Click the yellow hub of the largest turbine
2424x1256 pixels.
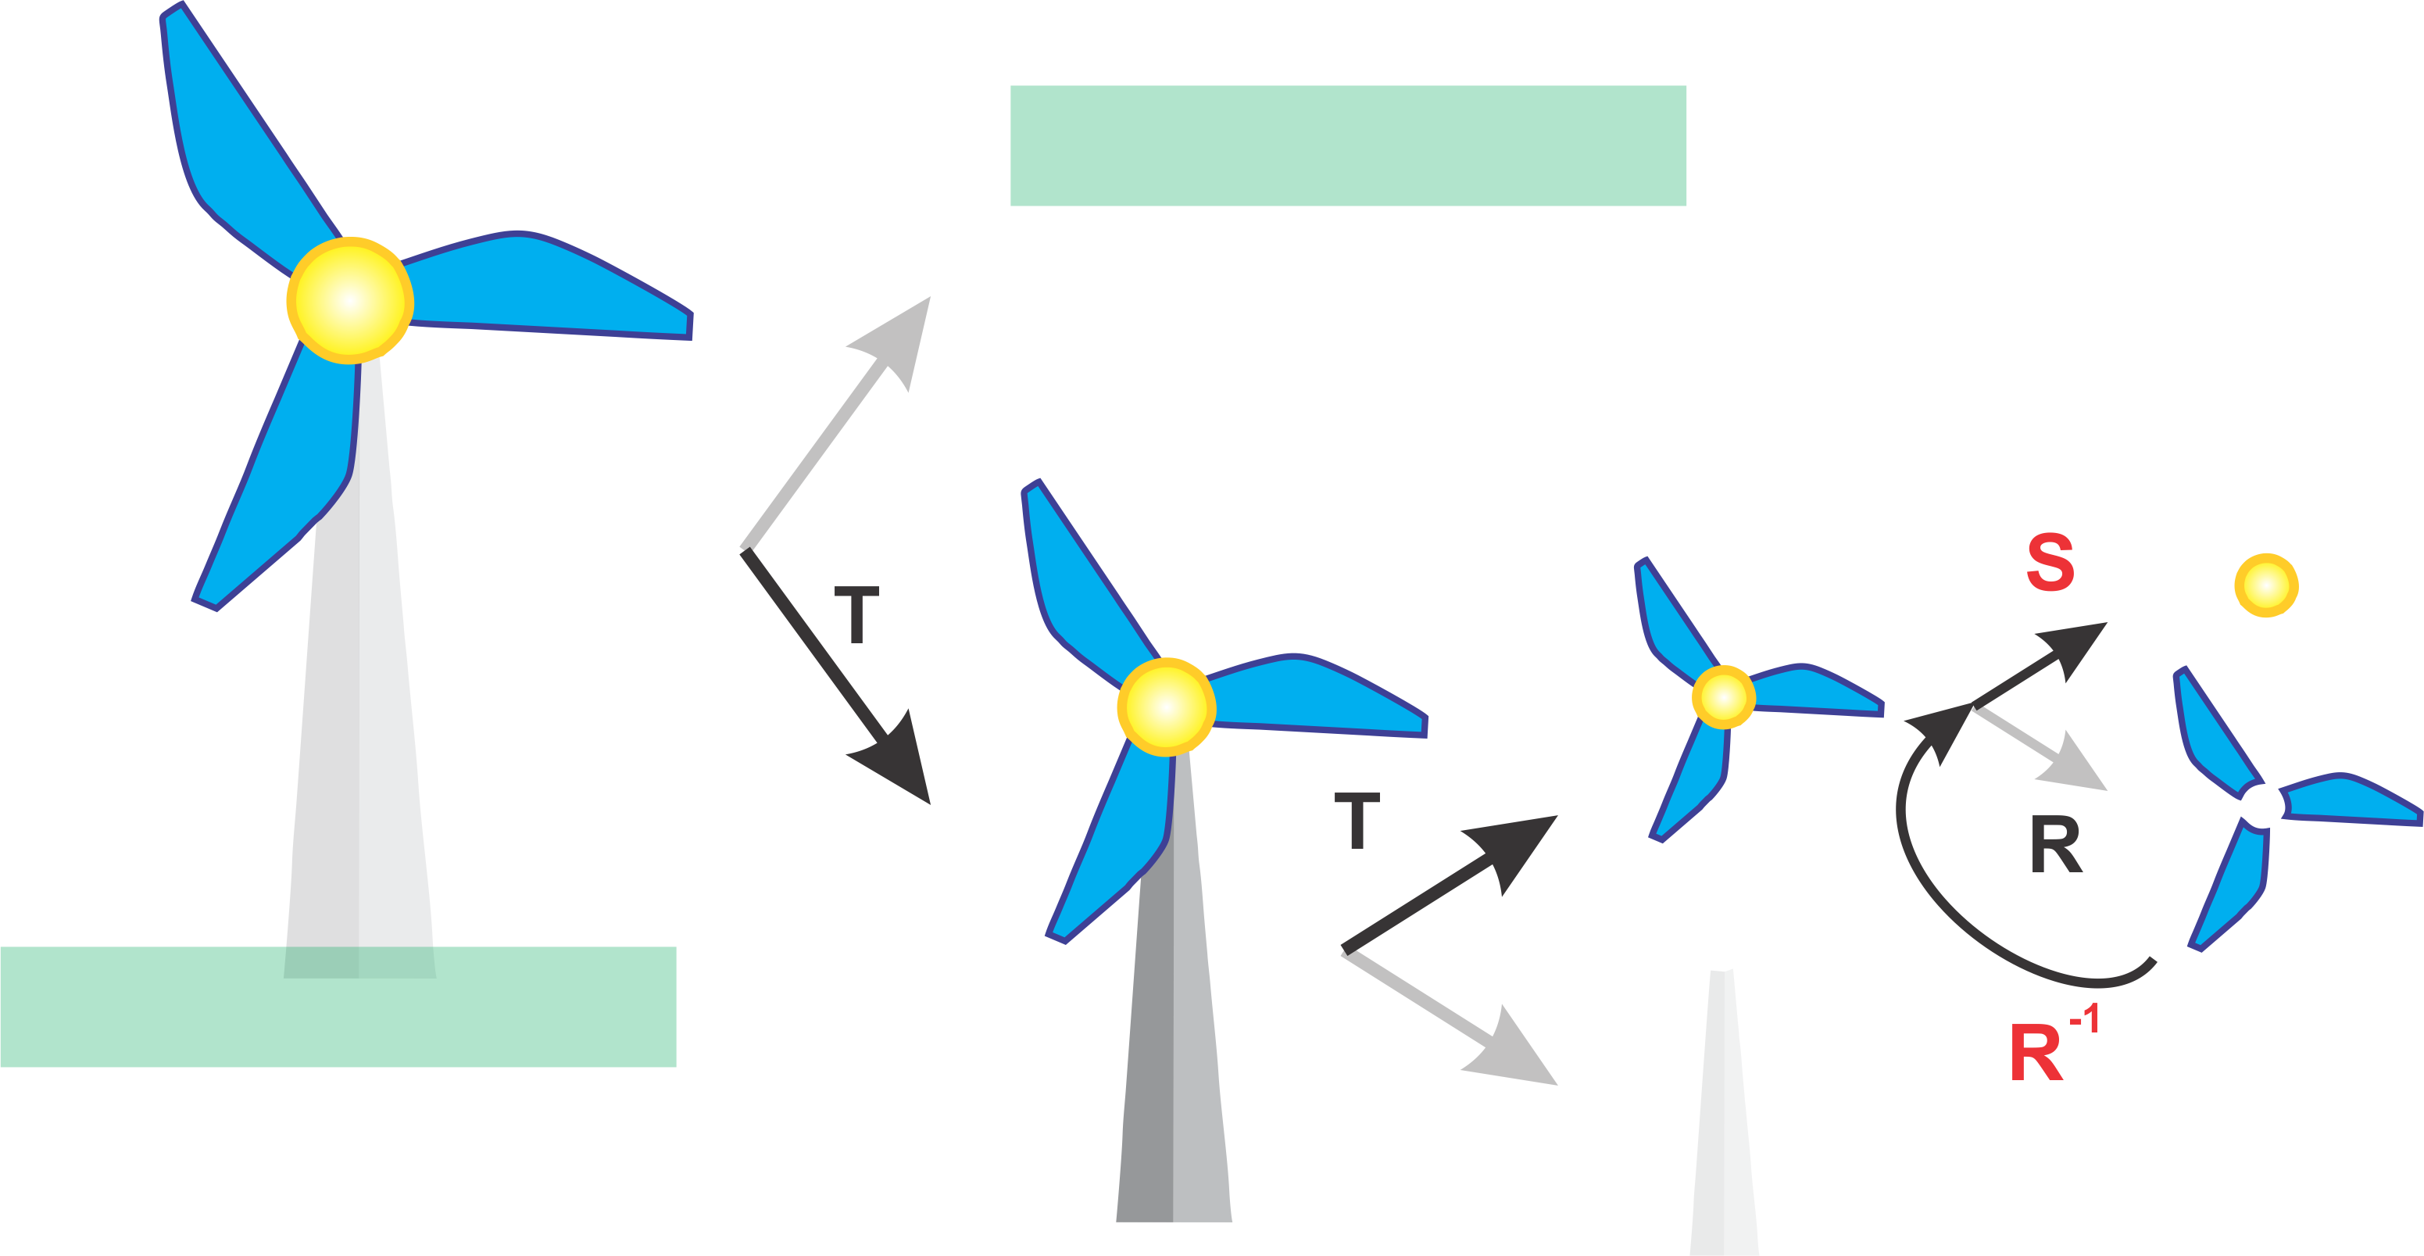350,300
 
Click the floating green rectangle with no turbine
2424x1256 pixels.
1347,146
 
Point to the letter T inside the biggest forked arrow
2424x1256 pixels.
856,614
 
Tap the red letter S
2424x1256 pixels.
2050,562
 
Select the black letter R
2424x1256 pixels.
2055,845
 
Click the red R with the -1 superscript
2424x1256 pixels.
2036,1052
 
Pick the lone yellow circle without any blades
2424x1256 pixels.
2267,585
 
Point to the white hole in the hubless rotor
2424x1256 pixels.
2262,805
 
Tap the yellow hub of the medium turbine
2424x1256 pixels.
1166,707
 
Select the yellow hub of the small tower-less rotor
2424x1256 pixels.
1723,697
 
